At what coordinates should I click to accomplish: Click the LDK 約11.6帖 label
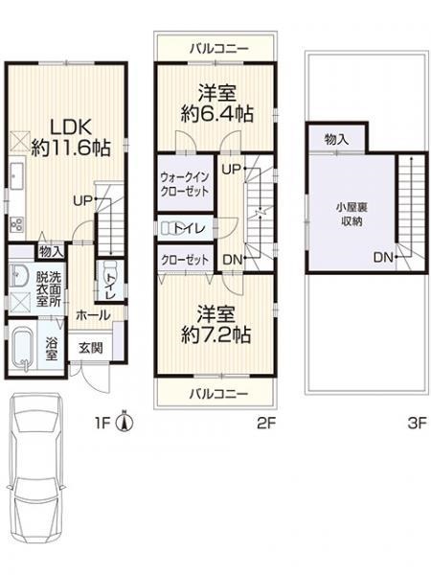(x=71, y=138)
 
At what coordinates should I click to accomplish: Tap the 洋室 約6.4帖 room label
(x=217, y=103)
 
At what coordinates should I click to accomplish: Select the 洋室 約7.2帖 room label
(x=216, y=324)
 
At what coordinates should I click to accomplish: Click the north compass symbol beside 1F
(x=125, y=422)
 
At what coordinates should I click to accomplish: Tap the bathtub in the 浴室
(x=22, y=348)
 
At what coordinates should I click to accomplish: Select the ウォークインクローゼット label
(x=185, y=184)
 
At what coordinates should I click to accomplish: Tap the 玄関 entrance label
(x=91, y=348)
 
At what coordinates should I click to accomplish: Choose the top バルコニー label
(x=219, y=48)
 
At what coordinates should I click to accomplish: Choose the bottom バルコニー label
(x=218, y=394)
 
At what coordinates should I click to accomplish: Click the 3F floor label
(x=417, y=424)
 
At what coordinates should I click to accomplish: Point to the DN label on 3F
(x=383, y=258)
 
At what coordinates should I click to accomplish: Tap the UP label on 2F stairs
(x=232, y=169)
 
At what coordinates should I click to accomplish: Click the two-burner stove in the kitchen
(x=16, y=223)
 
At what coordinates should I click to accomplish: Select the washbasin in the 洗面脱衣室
(x=19, y=276)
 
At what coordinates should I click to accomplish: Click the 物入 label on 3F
(x=336, y=139)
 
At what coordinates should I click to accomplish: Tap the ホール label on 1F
(x=93, y=314)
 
